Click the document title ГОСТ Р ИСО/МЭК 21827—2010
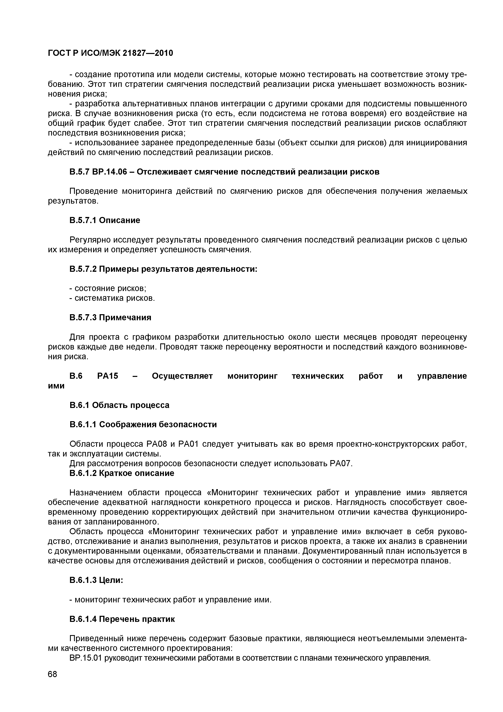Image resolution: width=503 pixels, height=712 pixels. coord(110,53)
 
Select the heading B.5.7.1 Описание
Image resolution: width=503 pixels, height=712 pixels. coord(105,220)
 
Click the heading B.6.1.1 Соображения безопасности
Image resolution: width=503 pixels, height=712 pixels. coord(143,424)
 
